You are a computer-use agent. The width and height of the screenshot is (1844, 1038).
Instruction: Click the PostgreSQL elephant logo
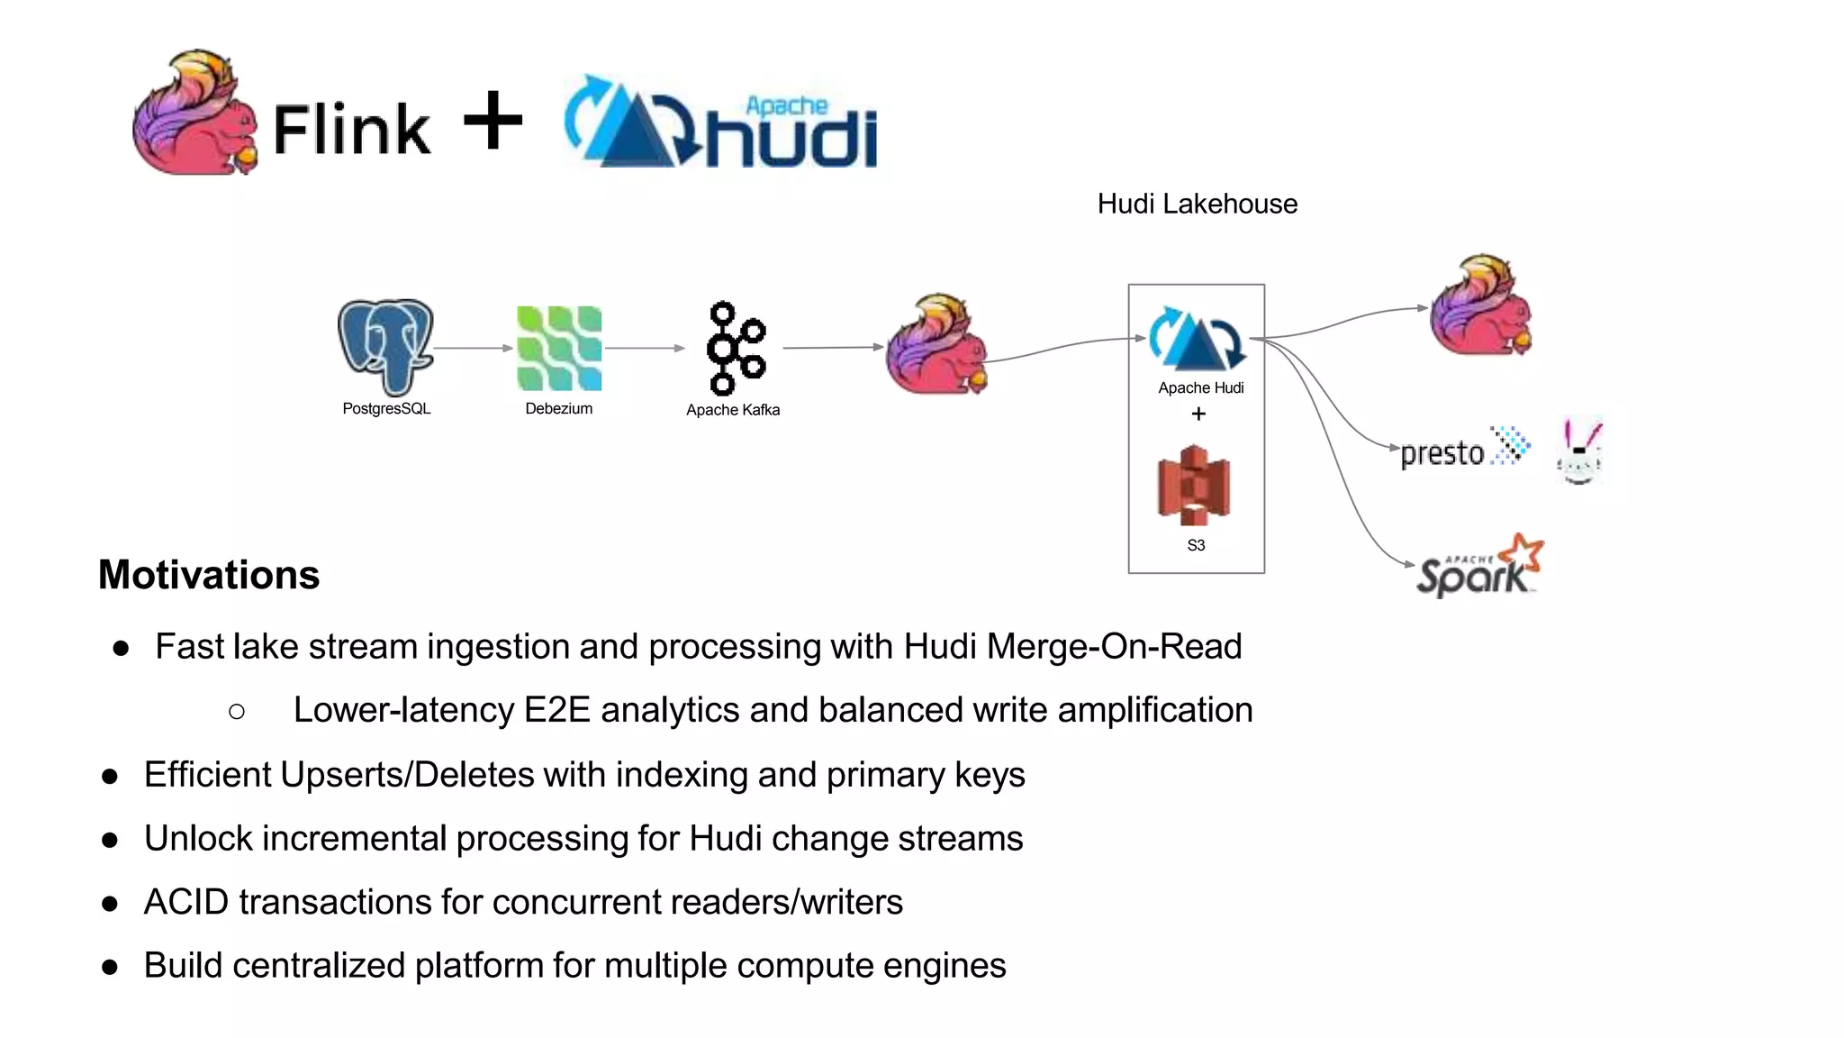pyautogui.click(x=386, y=348)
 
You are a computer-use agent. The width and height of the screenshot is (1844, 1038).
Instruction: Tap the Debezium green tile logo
pyautogui.click(x=558, y=349)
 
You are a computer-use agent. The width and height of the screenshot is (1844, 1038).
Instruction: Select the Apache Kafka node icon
pyautogui.click(x=735, y=349)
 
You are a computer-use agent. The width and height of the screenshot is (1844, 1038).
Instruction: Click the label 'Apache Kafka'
pyautogui.click(x=732, y=410)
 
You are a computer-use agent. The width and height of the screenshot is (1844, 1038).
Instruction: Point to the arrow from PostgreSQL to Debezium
pyautogui.click(x=473, y=348)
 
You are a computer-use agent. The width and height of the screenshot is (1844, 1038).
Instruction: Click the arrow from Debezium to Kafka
pyautogui.click(x=644, y=348)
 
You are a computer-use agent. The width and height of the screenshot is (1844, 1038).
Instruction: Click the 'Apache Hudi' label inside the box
pyautogui.click(x=1200, y=388)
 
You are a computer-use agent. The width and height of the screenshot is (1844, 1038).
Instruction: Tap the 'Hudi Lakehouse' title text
pyautogui.click(x=1197, y=205)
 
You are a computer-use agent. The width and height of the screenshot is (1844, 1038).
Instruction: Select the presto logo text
pyautogui.click(x=1442, y=453)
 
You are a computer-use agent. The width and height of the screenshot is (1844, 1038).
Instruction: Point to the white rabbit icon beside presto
pyautogui.click(x=1580, y=451)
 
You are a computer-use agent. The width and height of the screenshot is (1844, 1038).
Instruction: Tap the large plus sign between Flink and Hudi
pyautogui.click(x=493, y=120)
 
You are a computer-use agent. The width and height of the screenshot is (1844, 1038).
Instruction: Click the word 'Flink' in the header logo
pyautogui.click(x=352, y=131)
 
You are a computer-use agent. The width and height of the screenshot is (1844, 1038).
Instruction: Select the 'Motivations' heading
pyautogui.click(x=209, y=575)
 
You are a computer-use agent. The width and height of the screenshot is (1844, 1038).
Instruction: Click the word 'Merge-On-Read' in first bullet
pyautogui.click(x=1114, y=647)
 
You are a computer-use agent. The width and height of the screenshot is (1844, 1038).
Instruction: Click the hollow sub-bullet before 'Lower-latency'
pyautogui.click(x=237, y=712)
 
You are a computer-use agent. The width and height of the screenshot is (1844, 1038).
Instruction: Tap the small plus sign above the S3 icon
pyautogui.click(x=1198, y=414)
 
